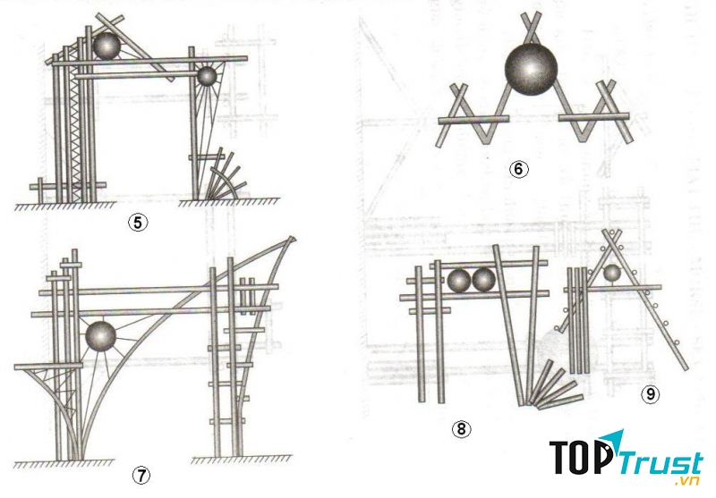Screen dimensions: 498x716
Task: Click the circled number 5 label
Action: pyautogui.click(x=137, y=224)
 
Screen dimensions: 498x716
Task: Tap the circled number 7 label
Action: pyautogui.click(x=141, y=476)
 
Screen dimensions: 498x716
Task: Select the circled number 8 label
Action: pyautogui.click(x=461, y=429)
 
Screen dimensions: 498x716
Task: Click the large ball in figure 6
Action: pyautogui.click(x=532, y=69)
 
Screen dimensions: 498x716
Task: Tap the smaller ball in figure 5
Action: pyautogui.click(x=207, y=78)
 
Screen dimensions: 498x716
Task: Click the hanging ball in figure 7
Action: pyautogui.click(x=100, y=338)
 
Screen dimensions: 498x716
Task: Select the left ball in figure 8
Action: pyautogui.click(x=460, y=281)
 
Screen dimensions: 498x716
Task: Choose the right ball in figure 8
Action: pyautogui.click(x=484, y=281)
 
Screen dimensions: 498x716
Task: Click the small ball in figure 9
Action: pyautogui.click(x=611, y=274)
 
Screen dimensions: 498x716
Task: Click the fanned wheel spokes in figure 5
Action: pyautogui.click(x=222, y=177)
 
